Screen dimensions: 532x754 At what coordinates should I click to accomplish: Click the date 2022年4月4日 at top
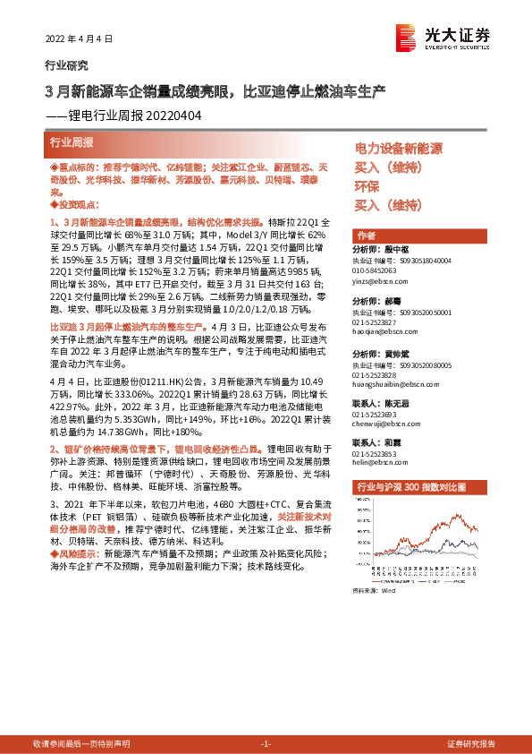click(x=80, y=39)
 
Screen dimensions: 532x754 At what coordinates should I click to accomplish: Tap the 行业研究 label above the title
click(x=66, y=65)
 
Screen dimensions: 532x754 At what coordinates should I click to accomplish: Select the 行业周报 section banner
click(x=72, y=142)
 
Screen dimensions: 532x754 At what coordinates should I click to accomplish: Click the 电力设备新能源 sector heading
click(x=399, y=149)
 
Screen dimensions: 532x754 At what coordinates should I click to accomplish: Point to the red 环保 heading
click(x=367, y=187)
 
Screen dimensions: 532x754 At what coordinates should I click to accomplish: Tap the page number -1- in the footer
click(x=266, y=744)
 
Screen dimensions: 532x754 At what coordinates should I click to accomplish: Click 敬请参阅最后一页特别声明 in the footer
click(x=80, y=744)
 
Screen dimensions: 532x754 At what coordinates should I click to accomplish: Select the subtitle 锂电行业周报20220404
click(x=134, y=116)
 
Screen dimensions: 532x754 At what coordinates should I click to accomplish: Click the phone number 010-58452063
click(x=381, y=269)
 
